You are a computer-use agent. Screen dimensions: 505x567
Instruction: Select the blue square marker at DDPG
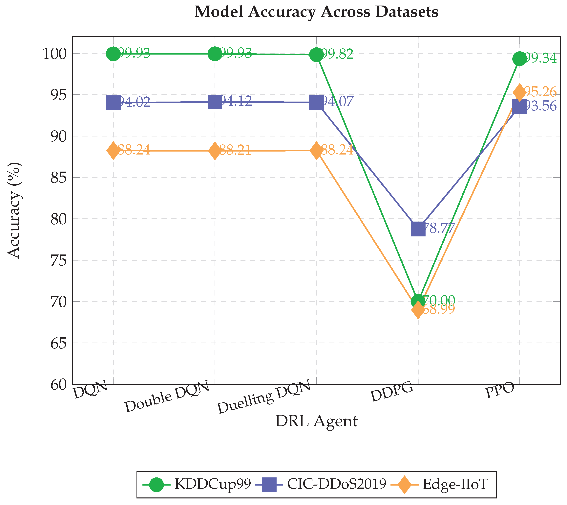pyautogui.click(x=418, y=229)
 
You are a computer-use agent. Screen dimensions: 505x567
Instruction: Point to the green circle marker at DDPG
pyautogui.click(x=418, y=301)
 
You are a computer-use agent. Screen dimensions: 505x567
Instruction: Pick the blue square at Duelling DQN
pyautogui.click(x=316, y=103)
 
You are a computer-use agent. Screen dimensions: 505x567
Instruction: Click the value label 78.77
pyautogui.click(x=439, y=228)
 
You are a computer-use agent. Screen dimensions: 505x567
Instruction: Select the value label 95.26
pyautogui.click(x=541, y=92)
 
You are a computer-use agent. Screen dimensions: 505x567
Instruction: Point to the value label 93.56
pyautogui.click(x=541, y=106)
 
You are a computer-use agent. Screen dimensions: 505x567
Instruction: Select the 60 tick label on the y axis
pyautogui.click(x=59, y=385)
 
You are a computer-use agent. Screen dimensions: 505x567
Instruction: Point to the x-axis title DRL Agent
pyautogui.click(x=316, y=421)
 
